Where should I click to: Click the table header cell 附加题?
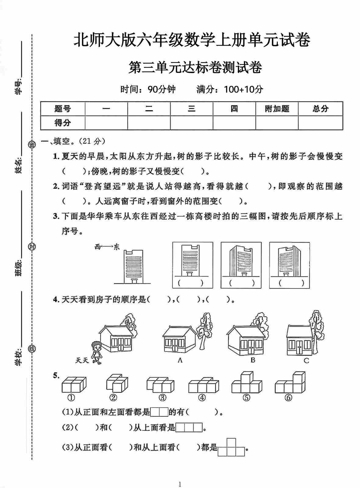[x=277, y=109]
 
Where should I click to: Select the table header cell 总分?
[x=320, y=109]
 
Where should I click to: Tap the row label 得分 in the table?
[x=63, y=123]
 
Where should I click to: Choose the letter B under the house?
[x=252, y=360]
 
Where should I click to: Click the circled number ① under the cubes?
[x=71, y=398]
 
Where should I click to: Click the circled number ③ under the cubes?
[x=162, y=398]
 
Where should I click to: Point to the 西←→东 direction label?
[x=107, y=247]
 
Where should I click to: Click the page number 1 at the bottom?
[x=180, y=484]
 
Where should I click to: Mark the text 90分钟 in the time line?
[x=161, y=89]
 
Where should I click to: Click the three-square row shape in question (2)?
[x=189, y=428]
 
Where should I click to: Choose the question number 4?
[x=56, y=300]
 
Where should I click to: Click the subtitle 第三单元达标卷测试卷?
[x=195, y=68]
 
